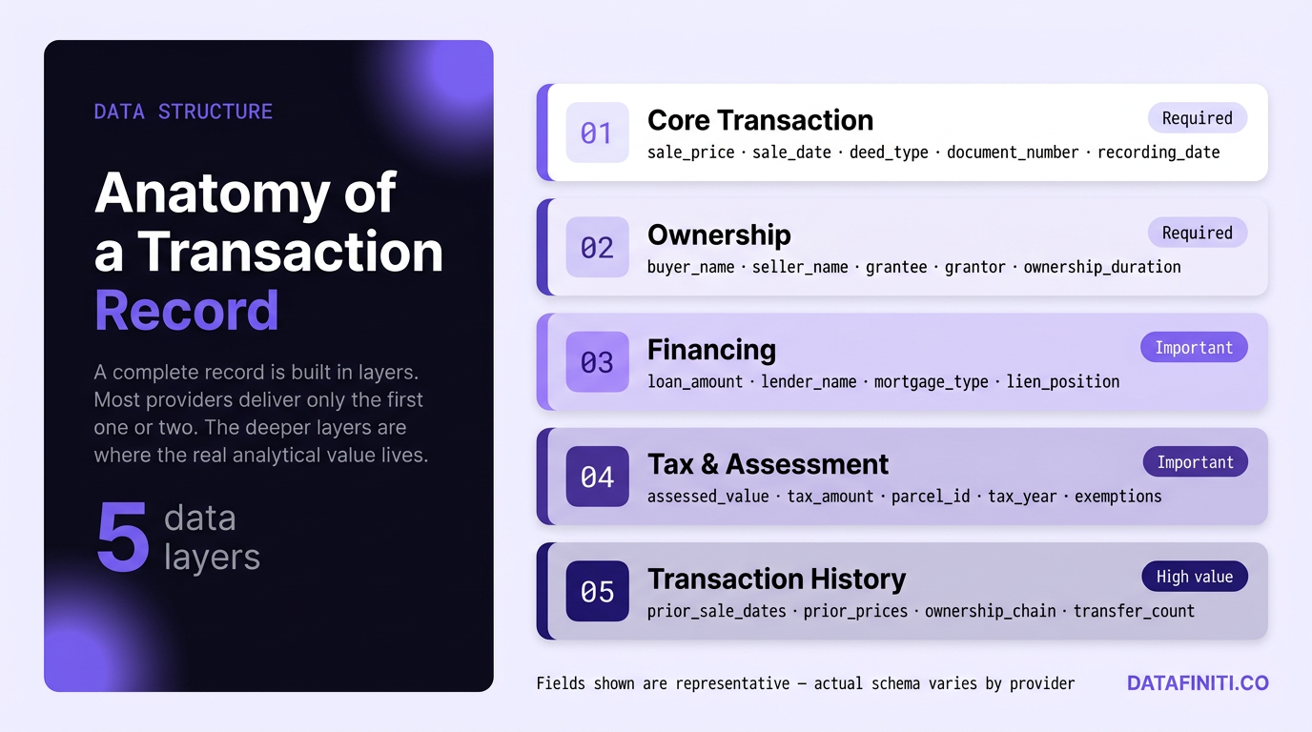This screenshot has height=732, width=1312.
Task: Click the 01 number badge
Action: (x=597, y=132)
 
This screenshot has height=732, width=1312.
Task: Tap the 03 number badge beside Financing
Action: (x=597, y=362)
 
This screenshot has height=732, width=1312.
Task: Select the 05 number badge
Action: (x=597, y=592)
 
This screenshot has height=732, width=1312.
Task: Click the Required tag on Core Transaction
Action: (x=1197, y=118)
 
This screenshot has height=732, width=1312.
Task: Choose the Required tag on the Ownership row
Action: (x=1197, y=233)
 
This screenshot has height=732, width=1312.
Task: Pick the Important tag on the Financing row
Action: (x=1194, y=348)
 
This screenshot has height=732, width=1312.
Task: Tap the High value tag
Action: (x=1194, y=577)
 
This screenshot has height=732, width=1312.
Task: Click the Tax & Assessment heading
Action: (x=768, y=464)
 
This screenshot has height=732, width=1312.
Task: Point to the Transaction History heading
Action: (x=776, y=579)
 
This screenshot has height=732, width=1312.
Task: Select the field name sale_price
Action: (x=690, y=152)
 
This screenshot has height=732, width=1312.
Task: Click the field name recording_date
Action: (x=1158, y=152)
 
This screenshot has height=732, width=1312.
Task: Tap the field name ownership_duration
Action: (x=1102, y=267)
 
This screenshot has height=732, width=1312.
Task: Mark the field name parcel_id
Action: (x=931, y=496)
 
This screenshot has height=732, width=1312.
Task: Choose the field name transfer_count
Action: (x=1134, y=611)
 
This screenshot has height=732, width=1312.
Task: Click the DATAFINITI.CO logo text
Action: (x=1198, y=683)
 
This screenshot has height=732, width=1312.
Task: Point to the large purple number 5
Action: (x=123, y=538)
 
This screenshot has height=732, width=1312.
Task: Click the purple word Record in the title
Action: (x=187, y=310)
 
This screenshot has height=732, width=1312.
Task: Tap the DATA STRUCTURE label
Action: (x=183, y=112)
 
